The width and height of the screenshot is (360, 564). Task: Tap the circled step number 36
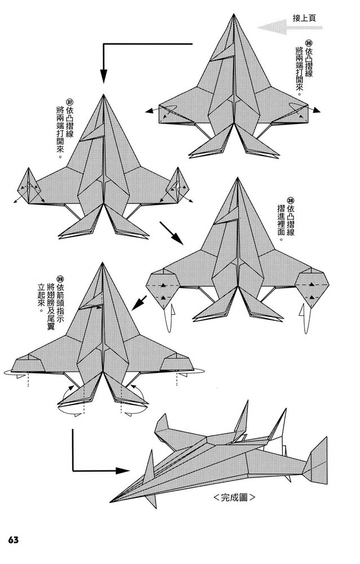coord(308,43)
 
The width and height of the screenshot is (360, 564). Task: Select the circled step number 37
coord(69,102)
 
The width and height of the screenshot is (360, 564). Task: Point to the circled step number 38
coord(291,200)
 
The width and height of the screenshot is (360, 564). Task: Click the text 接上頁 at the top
coord(304,18)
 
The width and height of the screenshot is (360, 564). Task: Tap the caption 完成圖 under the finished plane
coord(234,498)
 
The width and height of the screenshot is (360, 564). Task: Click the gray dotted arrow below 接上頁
coord(290,27)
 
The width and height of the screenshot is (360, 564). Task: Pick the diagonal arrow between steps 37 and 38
coord(172,233)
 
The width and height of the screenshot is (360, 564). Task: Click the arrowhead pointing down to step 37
coord(104,75)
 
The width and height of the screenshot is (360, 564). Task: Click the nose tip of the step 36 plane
coord(234,15)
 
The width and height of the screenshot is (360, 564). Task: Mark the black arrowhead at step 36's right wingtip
coord(317,111)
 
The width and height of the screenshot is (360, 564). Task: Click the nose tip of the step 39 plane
coord(102,263)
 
